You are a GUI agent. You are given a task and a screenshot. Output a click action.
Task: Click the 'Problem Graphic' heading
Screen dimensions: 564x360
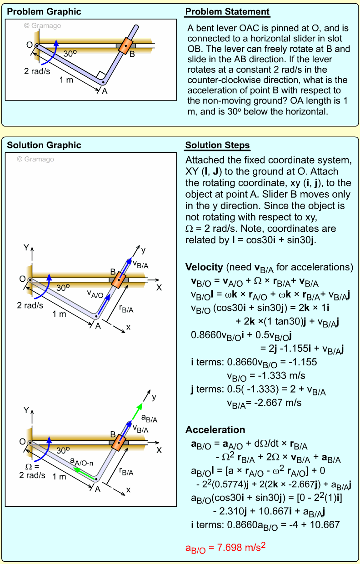44,12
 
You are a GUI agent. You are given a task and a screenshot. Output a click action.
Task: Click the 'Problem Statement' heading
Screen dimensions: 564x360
227,12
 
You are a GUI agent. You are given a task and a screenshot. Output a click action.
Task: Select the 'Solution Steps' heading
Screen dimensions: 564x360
217,145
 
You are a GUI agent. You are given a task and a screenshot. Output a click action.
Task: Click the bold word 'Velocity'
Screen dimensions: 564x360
204,267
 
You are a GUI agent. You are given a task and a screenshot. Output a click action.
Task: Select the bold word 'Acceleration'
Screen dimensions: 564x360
215,430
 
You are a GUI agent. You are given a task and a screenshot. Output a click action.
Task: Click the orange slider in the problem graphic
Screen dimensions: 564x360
126,45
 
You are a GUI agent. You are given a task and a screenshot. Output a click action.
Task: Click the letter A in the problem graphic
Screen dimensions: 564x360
105,91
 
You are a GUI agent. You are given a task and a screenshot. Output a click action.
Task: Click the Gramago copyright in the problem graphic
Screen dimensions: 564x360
42,26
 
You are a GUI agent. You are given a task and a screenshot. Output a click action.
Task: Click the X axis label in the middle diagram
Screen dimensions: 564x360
159,288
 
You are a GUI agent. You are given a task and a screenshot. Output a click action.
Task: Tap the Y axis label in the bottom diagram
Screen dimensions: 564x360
26,410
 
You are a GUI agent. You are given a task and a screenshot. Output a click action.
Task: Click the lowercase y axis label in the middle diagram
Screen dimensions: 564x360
143,250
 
